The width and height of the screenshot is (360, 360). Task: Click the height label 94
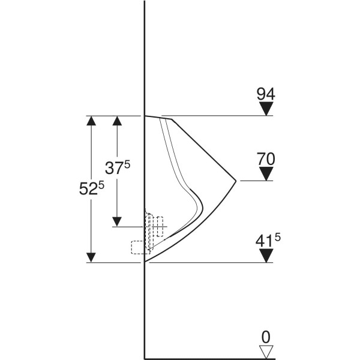point(266,94)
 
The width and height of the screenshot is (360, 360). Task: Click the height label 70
point(266,159)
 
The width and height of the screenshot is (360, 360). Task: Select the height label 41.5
point(268,241)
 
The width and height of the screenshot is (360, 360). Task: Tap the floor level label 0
point(266,337)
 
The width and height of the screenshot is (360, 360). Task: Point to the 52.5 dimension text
point(91,188)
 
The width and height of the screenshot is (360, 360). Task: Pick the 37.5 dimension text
point(118,167)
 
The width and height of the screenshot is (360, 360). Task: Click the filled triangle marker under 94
point(266,109)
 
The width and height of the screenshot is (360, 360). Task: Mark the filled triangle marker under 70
point(266,174)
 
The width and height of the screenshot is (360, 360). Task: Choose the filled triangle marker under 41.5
point(266,256)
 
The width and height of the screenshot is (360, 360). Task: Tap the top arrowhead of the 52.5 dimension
point(91,121)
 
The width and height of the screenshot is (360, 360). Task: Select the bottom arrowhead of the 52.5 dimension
point(91,257)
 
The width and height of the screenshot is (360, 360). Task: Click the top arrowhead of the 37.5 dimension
point(117,121)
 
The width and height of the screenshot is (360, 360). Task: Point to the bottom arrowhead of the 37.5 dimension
point(117,222)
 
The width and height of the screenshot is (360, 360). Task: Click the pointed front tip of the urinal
point(236,181)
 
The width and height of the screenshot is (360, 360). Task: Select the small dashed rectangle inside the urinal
point(160,227)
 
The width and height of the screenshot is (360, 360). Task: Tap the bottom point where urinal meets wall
point(145,262)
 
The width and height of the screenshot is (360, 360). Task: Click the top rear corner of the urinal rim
point(145,116)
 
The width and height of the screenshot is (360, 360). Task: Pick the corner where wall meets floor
point(145,359)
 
